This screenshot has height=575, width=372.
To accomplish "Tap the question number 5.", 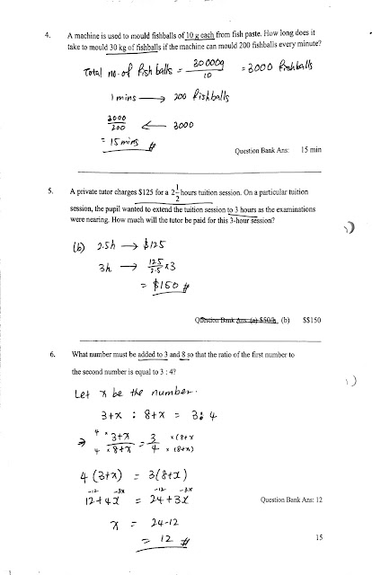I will pyautogui.click(x=46, y=194).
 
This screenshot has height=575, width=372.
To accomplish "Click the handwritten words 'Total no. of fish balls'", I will pyautogui.click(x=119, y=74).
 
